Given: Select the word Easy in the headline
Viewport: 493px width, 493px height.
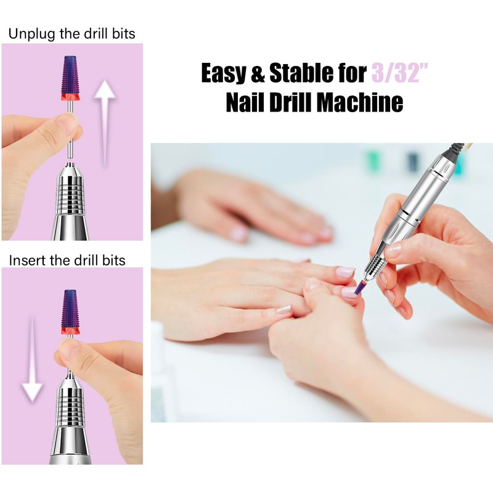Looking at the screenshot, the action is point(223,73).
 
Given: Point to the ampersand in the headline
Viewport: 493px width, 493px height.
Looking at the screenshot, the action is point(258,73).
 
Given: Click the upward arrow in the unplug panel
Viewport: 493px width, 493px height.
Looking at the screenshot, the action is point(105,123).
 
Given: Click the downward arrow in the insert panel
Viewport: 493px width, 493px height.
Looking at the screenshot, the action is point(32,359).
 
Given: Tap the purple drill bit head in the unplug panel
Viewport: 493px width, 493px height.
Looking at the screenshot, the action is point(70,75).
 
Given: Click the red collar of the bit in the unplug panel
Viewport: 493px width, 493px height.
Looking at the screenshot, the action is point(70,97).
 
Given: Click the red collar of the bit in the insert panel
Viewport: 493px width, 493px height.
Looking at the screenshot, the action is point(70,331).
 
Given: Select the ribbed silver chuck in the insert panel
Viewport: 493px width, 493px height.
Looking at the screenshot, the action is point(70,406).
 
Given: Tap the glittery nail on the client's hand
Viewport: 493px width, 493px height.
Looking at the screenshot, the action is point(283,310).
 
